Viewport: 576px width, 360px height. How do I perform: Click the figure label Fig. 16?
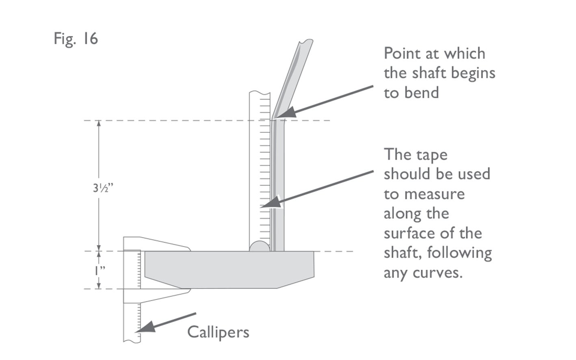click(x=76, y=39)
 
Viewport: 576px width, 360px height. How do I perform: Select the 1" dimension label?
click(x=100, y=270)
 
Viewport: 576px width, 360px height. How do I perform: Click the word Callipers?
click(x=218, y=332)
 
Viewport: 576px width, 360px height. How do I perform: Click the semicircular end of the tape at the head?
click(x=260, y=247)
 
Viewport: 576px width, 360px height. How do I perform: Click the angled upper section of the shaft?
click(x=292, y=77)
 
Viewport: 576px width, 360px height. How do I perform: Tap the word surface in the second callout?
click(x=409, y=234)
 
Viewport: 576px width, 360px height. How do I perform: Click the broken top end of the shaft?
click(x=305, y=41)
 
